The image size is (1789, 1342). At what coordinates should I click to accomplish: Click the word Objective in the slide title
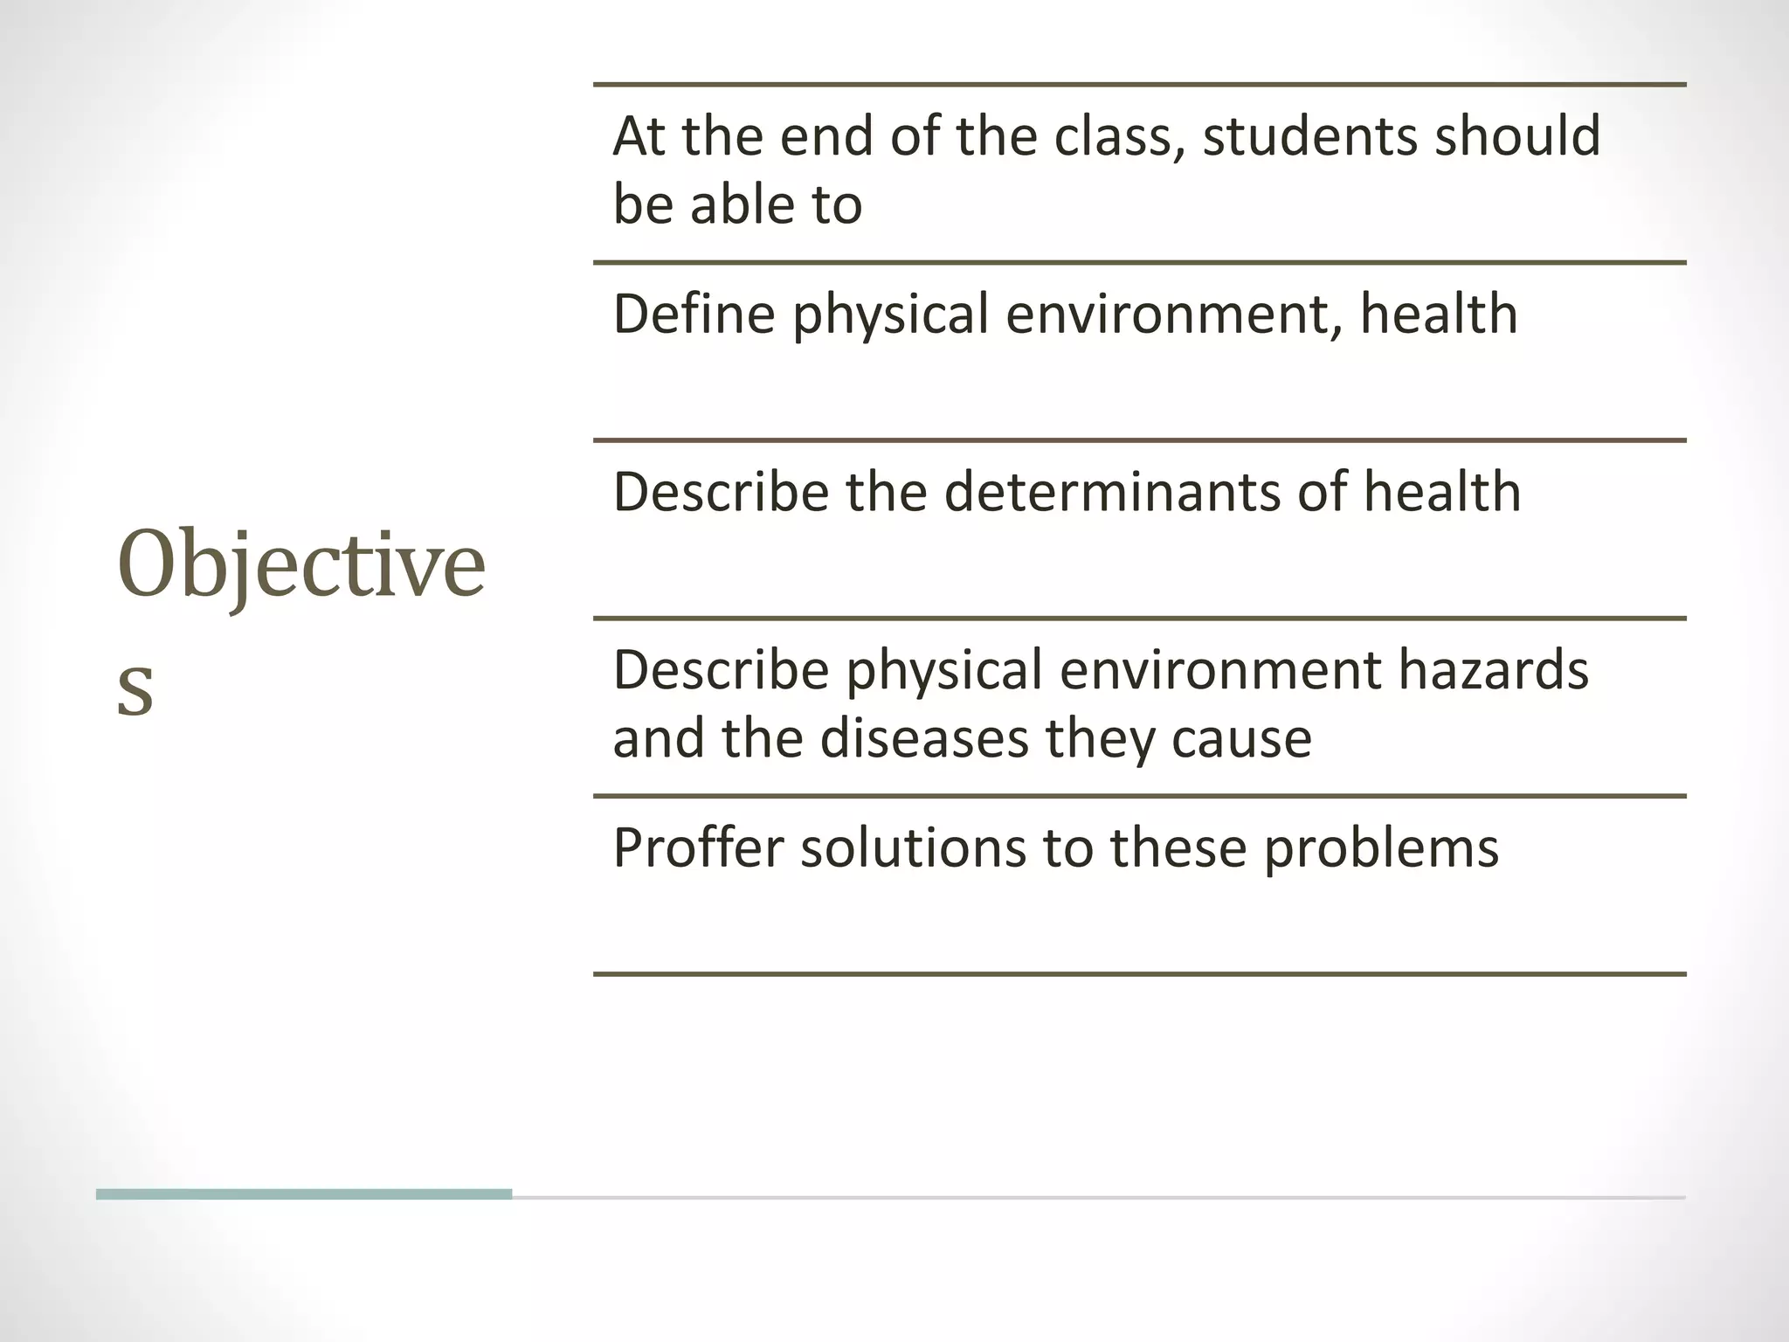(300, 566)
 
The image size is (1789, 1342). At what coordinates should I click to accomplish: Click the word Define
(694, 314)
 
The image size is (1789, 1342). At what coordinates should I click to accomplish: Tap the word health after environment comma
(1438, 314)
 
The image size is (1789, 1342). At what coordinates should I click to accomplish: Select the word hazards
(1493, 670)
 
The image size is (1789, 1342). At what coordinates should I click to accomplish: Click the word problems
(1380, 848)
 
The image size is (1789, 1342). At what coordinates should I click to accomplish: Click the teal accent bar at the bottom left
(303, 1194)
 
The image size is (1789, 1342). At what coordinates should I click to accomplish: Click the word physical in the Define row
(890, 315)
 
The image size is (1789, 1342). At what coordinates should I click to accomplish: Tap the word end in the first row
(825, 136)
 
